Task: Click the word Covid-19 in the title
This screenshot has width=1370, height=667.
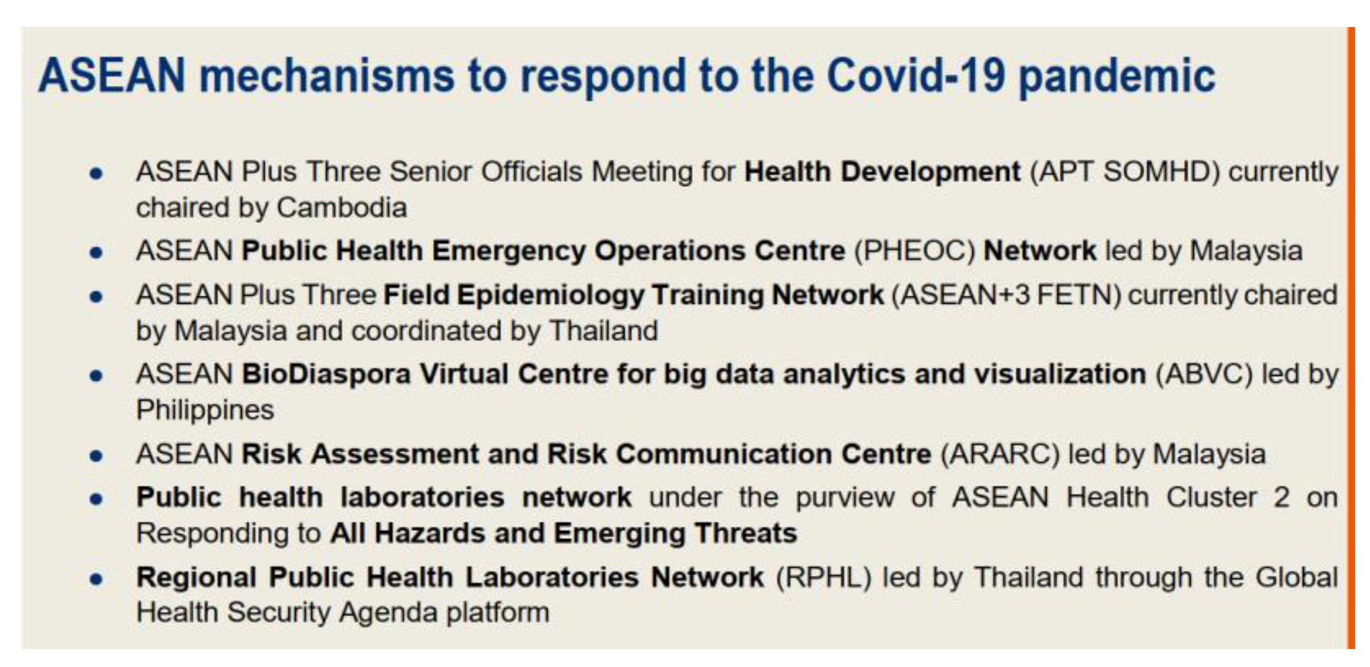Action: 917,76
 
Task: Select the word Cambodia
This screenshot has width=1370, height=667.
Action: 342,208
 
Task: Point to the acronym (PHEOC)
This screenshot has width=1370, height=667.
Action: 915,251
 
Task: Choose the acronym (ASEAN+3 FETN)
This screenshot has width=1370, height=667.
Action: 1006,295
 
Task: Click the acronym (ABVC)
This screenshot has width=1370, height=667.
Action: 1204,374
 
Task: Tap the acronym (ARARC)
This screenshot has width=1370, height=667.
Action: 1000,454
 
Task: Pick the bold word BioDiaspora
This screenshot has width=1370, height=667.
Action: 326,374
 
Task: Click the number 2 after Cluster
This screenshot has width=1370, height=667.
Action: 1281,498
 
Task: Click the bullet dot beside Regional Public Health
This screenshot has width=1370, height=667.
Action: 96,579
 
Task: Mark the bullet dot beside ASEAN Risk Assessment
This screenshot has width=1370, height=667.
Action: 96,456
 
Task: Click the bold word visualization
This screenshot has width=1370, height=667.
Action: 1060,374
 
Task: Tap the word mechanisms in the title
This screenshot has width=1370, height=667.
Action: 327,76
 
